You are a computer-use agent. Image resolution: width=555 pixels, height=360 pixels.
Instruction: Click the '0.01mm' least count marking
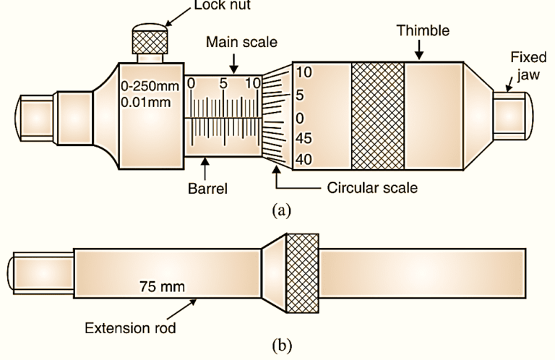click(146, 102)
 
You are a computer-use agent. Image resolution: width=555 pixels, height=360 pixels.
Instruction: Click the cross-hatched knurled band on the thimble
click(377, 116)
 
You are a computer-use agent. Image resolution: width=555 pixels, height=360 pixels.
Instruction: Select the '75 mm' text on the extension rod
click(162, 286)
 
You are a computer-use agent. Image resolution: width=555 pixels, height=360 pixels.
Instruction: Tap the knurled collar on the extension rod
click(303, 273)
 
